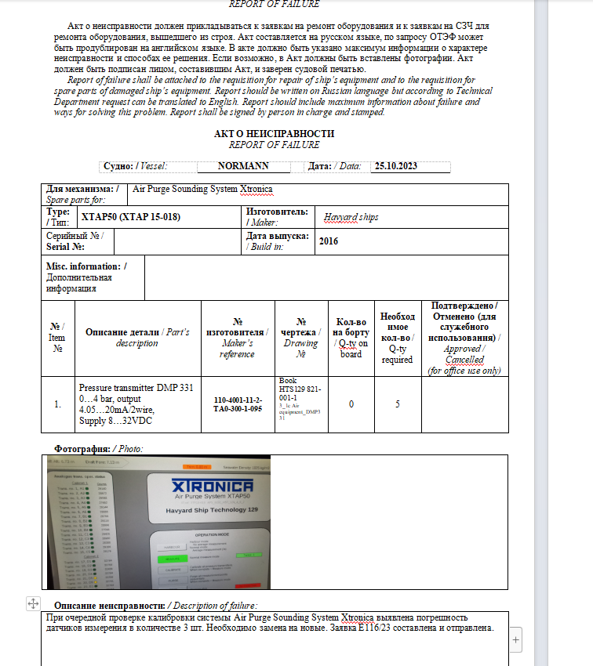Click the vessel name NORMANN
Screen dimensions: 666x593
point(243,166)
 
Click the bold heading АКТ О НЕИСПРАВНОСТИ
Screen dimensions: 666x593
point(274,134)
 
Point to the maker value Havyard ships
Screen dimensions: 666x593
point(351,216)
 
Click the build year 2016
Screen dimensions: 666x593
point(329,241)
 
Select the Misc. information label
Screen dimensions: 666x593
point(86,266)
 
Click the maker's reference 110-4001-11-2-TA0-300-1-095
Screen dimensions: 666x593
point(238,404)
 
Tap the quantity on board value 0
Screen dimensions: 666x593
point(351,404)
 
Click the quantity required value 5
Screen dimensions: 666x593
point(397,404)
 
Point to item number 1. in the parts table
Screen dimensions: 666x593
point(57,404)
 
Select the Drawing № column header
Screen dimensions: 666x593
point(301,338)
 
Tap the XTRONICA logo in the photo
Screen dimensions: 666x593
point(212,487)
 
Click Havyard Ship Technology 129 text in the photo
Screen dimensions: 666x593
point(213,510)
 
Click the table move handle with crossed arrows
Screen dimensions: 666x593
point(32,603)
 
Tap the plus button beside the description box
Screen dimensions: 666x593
point(515,640)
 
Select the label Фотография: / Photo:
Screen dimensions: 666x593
point(99,448)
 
